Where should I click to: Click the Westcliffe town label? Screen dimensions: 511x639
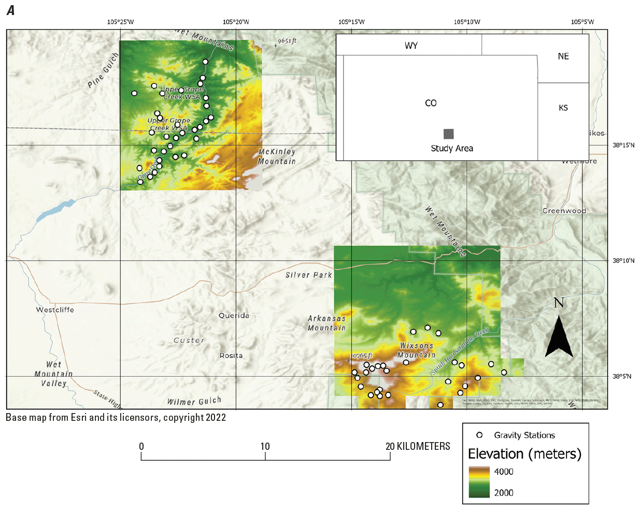55,310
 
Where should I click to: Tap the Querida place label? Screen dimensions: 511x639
234,316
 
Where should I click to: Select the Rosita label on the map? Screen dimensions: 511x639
231,356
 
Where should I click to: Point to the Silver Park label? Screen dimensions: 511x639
308,275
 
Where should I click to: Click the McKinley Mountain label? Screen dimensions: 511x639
277,157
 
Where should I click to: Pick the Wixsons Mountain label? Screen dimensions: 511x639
416,350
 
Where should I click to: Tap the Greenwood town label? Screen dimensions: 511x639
564,211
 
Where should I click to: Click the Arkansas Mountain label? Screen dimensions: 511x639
326,323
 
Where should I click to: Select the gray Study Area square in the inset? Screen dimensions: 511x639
449,134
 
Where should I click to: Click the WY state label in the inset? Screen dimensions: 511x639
411,46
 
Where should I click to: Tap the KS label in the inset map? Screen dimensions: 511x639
563,108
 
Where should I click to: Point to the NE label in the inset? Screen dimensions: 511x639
563,56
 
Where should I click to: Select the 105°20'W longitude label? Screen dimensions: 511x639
236,22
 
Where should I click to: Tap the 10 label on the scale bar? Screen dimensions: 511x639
265,447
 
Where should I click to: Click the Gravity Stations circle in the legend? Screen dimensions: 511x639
479,435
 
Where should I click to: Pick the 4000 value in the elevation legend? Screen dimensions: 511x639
503,472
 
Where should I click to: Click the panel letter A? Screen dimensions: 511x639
10,10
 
